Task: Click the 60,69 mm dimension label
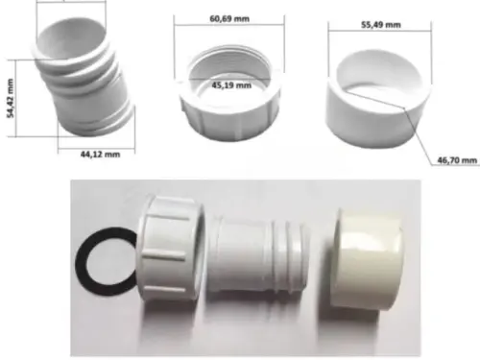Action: click(x=229, y=18)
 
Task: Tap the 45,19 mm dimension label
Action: click(x=231, y=85)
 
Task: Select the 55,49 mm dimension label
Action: click(x=381, y=25)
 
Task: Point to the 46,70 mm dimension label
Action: click(x=457, y=160)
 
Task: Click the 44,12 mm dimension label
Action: click(x=100, y=155)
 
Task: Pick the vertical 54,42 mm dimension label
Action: click(x=11, y=98)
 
